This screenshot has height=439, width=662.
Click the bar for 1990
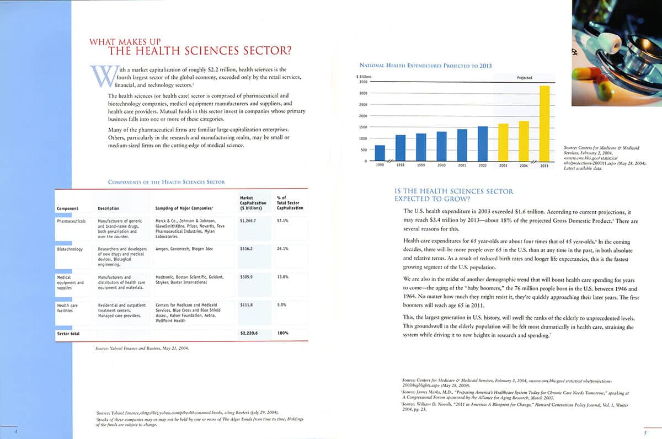click(380, 153)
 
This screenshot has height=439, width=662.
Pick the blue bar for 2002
click(483, 143)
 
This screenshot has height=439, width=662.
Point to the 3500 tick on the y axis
click(362, 82)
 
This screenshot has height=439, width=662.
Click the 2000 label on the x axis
click(441, 165)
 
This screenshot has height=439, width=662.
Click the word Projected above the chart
click(524, 78)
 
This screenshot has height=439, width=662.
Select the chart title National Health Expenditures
click(425, 66)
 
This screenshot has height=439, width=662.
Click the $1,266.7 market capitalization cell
click(248, 220)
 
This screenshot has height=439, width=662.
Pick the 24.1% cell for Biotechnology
click(282, 249)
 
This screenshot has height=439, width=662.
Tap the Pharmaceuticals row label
click(71, 220)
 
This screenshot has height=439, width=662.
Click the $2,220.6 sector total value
click(249, 334)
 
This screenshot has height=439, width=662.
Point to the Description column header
click(109, 208)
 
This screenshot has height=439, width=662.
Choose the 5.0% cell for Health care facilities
click(282, 304)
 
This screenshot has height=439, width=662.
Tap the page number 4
click(16, 431)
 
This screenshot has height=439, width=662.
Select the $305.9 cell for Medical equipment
click(248, 277)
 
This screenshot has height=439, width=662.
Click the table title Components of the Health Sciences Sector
click(166, 181)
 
